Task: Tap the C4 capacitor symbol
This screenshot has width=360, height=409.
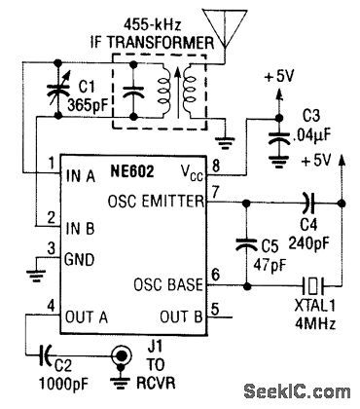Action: click(309, 204)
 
